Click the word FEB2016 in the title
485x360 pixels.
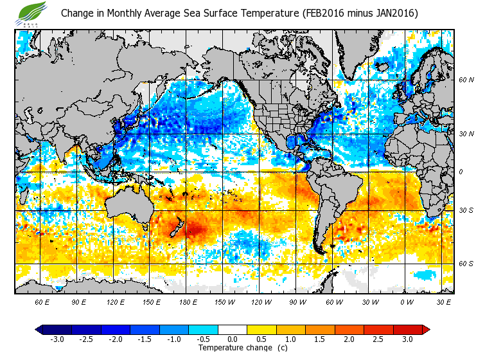coord(326,13)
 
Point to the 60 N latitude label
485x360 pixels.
coord(466,80)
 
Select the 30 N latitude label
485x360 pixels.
coord(466,134)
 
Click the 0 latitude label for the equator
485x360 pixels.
coord(461,172)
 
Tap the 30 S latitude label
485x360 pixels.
coord(466,211)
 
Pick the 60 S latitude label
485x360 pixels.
coord(466,264)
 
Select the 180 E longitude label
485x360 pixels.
coord(189,301)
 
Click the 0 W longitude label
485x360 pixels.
coord(406,301)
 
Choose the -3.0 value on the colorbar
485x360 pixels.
coord(57,339)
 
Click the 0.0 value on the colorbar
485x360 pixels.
coord(233,339)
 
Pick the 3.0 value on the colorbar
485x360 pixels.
coord(408,339)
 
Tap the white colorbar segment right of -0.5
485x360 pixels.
coord(233,329)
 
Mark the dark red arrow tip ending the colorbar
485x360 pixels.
coord(426,329)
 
